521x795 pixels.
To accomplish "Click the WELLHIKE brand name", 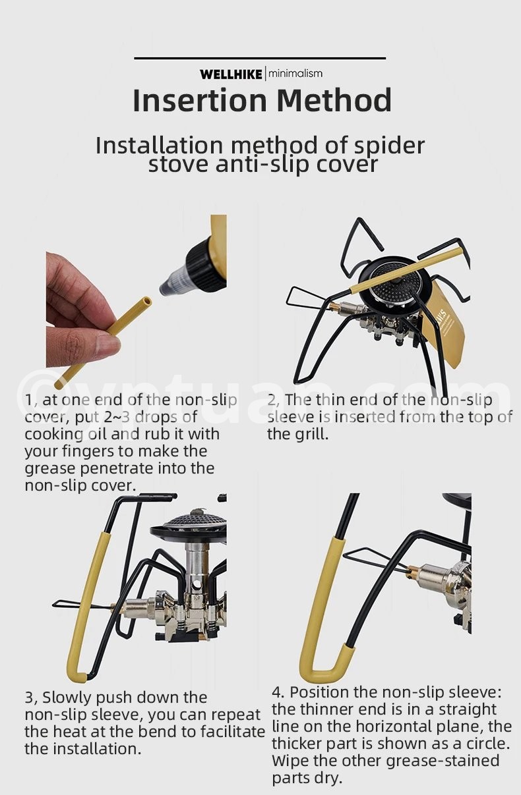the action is (231, 74).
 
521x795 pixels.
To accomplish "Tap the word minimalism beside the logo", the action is (295, 74).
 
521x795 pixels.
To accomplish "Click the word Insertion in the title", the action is (199, 100).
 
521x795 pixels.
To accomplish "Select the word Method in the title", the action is (334, 100).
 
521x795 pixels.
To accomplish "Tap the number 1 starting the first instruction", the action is (29, 400).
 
